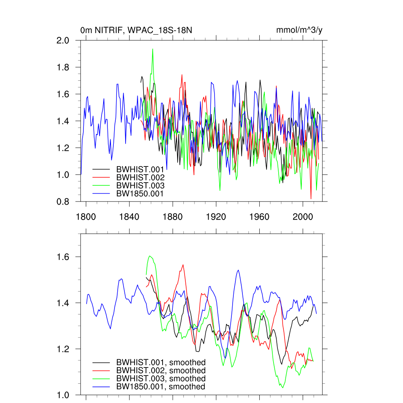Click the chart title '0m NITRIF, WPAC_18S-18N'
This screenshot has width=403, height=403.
click(x=136, y=30)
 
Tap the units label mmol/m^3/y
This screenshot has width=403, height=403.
click(x=299, y=30)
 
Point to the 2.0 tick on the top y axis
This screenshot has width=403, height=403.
click(x=63, y=41)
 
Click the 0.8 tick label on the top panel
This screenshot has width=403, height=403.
click(x=63, y=201)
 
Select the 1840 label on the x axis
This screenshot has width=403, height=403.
click(x=129, y=217)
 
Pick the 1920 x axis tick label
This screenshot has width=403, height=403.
click(x=216, y=217)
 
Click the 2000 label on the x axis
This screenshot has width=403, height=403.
click(x=303, y=217)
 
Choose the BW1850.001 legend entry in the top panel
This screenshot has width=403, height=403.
click(x=140, y=193)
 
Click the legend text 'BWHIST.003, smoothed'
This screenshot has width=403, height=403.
click(x=161, y=379)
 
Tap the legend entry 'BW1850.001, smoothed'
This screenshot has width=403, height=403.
click(x=161, y=386)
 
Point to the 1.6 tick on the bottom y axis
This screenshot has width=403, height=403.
click(x=63, y=257)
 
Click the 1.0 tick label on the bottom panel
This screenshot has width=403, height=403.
click(x=63, y=395)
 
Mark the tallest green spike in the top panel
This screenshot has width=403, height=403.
click(x=152, y=49)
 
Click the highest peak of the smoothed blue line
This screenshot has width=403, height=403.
click(x=238, y=270)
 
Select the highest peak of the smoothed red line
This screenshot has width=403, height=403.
click(x=183, y=265)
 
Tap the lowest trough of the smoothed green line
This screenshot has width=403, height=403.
click(x=283, y=388)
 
